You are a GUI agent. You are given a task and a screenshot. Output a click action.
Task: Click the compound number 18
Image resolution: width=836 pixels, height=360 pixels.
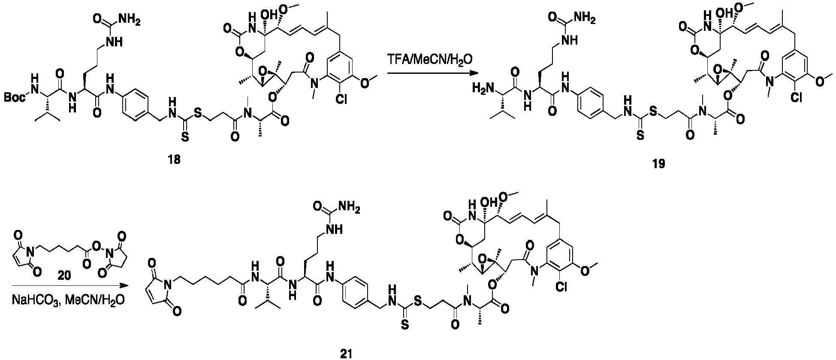point(175,160)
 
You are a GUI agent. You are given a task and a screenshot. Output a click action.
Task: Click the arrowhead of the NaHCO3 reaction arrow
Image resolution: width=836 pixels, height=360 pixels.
point(126,285)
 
